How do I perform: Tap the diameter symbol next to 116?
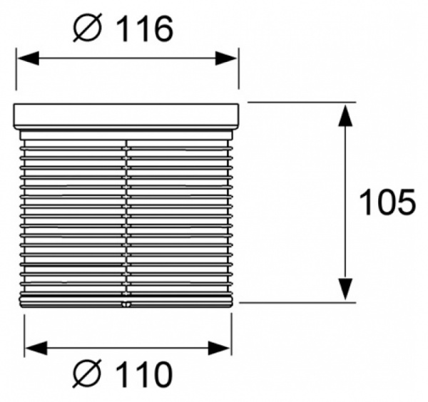90,29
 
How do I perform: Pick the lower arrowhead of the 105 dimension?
345,289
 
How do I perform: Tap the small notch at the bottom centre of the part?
126,304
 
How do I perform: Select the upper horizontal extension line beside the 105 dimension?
300,102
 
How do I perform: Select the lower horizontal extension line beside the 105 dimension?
300,302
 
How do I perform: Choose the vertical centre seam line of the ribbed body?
126,214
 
